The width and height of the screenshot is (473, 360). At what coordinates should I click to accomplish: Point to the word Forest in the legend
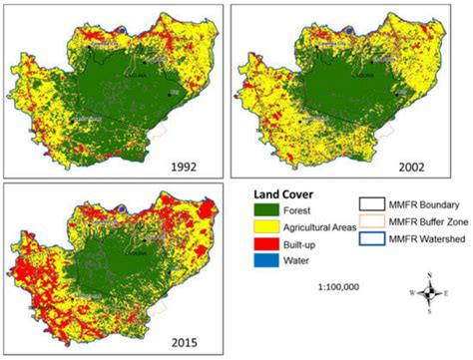click(303, 210)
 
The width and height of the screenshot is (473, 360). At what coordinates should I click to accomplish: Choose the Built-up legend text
click(306, 244)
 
